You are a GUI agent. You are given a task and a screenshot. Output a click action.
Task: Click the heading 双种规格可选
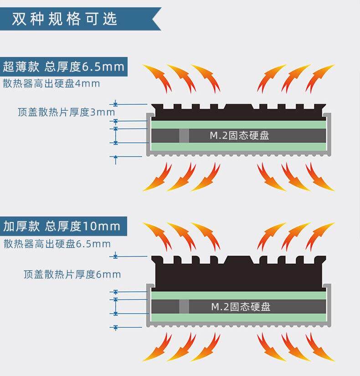(x=65, y=19)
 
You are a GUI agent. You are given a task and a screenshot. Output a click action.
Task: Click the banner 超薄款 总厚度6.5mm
(x=63, y=67)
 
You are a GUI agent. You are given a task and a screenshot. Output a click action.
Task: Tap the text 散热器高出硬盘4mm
(x=51, y=84)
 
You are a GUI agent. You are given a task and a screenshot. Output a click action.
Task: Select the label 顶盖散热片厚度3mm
(x=67, y=112)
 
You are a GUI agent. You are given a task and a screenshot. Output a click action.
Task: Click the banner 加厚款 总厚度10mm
(x=62, y=226)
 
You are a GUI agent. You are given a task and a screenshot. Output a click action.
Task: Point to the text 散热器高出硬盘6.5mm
(x=57, y=244)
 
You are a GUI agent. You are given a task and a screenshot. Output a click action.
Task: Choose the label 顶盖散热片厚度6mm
(x=72, y=274)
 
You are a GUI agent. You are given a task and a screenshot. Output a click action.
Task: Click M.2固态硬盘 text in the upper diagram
(x=239, y=135)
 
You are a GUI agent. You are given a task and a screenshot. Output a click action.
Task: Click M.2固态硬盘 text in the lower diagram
(x=241, y=306)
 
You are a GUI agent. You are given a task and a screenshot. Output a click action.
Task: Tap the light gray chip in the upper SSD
(x=184, y=135)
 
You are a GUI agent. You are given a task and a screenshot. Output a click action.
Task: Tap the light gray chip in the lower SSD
(x=184, y=306)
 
